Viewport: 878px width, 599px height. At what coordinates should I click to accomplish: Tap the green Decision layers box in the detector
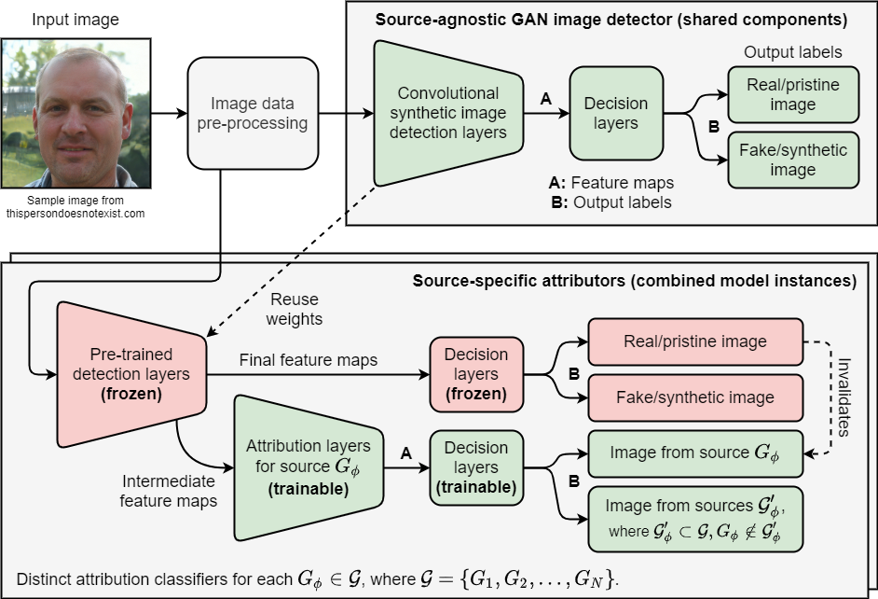pos(615,112)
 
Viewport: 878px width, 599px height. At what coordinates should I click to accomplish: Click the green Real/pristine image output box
pos(792,94)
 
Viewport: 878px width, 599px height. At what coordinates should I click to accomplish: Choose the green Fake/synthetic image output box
pos(792,160)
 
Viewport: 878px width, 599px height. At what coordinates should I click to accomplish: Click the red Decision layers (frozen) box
pos(476,374)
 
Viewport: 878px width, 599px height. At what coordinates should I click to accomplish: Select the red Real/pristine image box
pos(694,341)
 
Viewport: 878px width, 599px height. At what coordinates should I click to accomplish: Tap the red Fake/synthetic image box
pos(694,397)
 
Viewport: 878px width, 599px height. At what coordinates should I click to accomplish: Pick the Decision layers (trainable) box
pos(476,467)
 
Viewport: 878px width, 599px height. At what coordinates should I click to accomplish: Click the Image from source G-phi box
pos(694,453)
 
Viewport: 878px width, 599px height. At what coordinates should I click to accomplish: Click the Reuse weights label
pos(295,309)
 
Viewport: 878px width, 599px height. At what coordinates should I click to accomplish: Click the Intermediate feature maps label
pos(169,491)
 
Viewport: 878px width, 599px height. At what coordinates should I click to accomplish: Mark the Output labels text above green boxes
pos(792,52)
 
